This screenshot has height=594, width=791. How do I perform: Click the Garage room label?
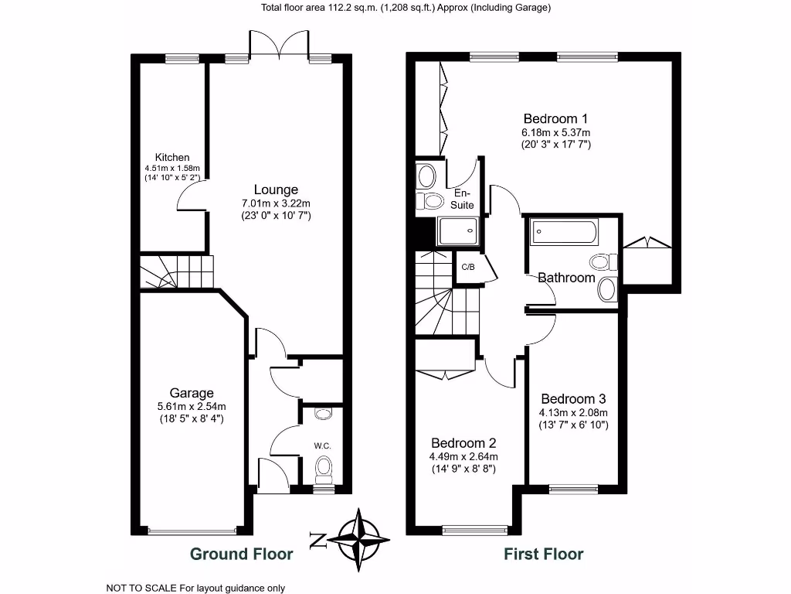(192, 393)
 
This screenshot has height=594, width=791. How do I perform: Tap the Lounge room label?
(276, 189)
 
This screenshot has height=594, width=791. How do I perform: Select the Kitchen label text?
(171, 157)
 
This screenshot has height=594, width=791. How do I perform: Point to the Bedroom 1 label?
(555, 118)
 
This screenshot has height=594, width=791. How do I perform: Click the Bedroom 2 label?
(463, 443)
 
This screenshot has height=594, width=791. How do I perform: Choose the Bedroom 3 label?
(573, 399)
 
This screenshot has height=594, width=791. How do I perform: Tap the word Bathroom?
(566, 278)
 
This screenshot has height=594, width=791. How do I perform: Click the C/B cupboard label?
(467, 267)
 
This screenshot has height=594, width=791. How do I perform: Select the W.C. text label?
(323, 445)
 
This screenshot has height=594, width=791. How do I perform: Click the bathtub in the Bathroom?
(563, 231)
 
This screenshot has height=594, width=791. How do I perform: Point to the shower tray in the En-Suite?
(457, 231)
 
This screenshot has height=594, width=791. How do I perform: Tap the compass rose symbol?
(360, 539)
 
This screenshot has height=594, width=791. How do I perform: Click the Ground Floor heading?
(241, 554)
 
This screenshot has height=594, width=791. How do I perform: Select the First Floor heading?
(544, 554)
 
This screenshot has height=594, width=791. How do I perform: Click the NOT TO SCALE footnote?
(195, 588)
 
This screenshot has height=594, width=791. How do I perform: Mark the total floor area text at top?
(395, 8)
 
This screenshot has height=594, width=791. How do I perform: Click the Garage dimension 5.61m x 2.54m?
(192, 407)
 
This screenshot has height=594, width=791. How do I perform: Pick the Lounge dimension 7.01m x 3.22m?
(276, 203)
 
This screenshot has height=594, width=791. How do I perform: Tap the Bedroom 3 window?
(573, 488)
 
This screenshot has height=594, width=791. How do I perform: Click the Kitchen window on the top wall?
(182, 57)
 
